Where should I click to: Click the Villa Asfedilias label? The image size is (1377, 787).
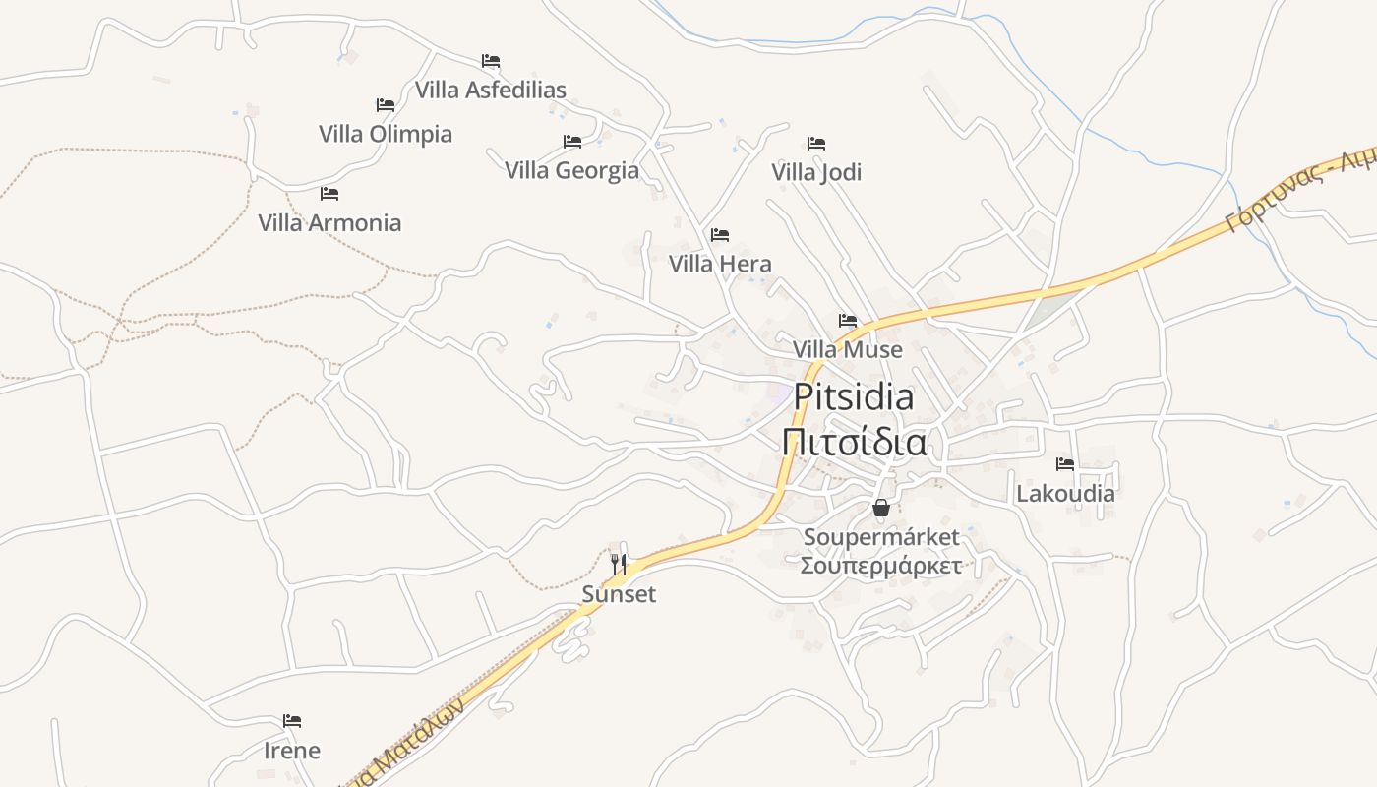490,90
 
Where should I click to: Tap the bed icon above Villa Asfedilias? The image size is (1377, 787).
491,61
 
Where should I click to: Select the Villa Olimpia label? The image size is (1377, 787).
386,134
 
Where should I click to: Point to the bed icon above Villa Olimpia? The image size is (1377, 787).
386,105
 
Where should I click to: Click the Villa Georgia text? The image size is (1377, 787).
571,170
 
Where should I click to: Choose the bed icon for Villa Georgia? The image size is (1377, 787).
572,142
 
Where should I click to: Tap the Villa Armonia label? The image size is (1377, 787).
329,222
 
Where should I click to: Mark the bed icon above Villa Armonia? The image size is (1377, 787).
329,194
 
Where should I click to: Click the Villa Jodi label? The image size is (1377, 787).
816,172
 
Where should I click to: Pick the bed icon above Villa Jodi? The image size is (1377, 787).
816,144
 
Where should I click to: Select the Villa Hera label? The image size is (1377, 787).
720,264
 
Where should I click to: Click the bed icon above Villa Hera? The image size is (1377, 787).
720,235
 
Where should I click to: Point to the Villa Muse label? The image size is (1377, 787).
847,349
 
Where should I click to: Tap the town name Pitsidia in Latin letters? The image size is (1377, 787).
854,396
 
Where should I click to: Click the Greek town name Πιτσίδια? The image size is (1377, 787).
854,442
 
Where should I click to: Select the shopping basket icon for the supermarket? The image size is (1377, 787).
881,508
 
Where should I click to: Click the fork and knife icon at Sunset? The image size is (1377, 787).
619,565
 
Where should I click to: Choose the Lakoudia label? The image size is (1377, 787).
1065,493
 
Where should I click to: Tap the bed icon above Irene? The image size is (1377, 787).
292,721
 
